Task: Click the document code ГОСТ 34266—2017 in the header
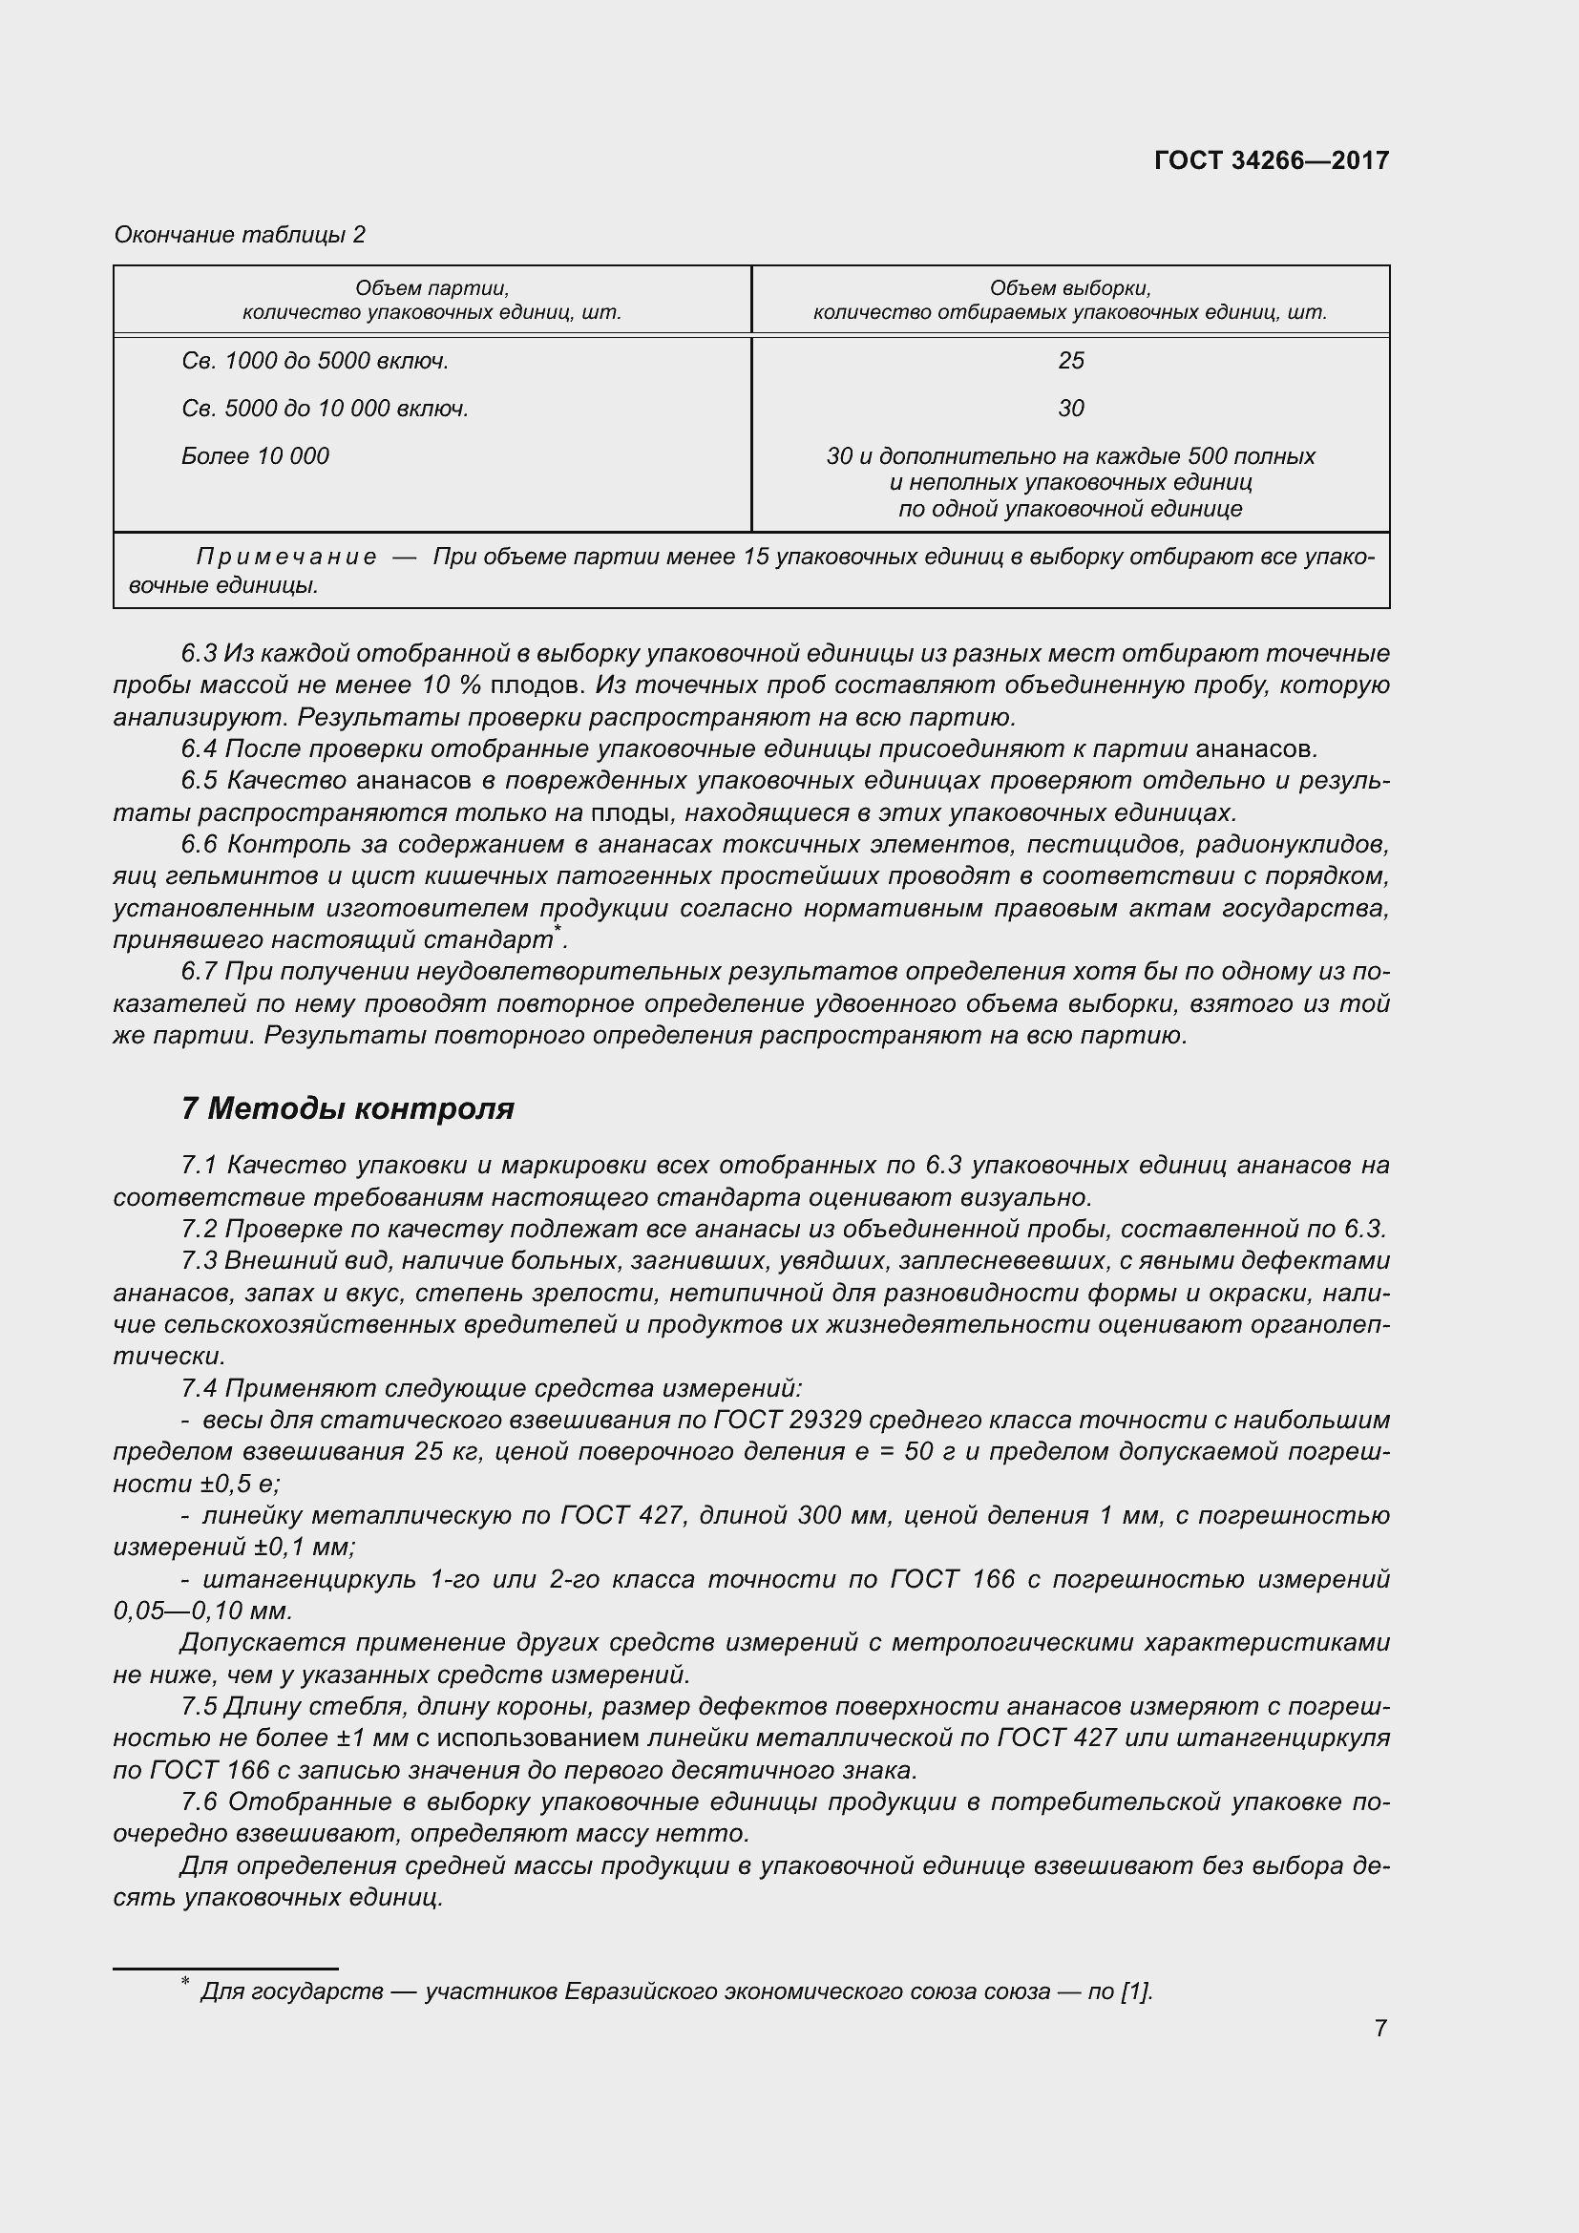1271,160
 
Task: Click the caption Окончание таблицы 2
240,235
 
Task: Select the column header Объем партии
432,288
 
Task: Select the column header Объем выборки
1069,288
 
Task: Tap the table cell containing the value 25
1070,361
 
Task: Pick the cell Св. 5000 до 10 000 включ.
325,409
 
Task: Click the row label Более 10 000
255,456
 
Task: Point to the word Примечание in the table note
285,557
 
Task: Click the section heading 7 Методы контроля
347,1107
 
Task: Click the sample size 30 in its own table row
1070,409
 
